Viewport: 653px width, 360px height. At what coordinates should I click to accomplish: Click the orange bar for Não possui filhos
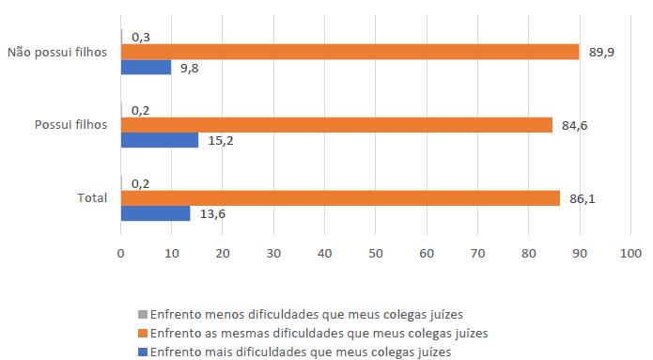[x=350, y=53]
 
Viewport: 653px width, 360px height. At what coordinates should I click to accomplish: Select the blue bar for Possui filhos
[x=160, y=140]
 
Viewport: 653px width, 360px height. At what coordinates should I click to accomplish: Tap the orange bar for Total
[x=340, y=198]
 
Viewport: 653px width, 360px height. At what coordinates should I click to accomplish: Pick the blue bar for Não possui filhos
[x=146, y=68]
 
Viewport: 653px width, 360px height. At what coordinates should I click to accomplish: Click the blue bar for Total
[x=155, y=213]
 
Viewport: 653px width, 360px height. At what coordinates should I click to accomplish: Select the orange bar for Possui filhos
[x=336, y=125]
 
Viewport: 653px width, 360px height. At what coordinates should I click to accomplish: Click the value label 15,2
[x=219, y=140]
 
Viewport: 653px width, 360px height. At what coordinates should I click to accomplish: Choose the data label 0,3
[x=142, y=38]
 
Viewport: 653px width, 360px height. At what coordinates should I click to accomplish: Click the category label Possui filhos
[x=70, y=125]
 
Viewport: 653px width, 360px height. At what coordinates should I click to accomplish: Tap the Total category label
[x=92, y=198]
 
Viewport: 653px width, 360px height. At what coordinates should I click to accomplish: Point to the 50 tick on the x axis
[x=376, y=253]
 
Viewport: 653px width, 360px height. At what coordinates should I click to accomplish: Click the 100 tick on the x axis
[x=630, y=253]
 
